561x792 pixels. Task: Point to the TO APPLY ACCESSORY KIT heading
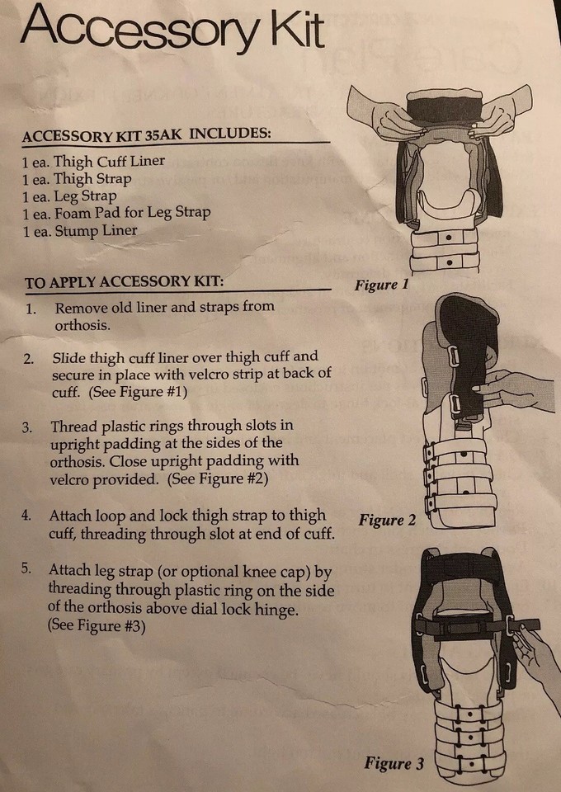point(124,282)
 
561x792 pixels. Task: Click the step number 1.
point(31,309)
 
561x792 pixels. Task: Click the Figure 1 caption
point(382,285)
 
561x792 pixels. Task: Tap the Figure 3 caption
point(394,764)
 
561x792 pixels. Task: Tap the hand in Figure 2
point(516,388)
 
